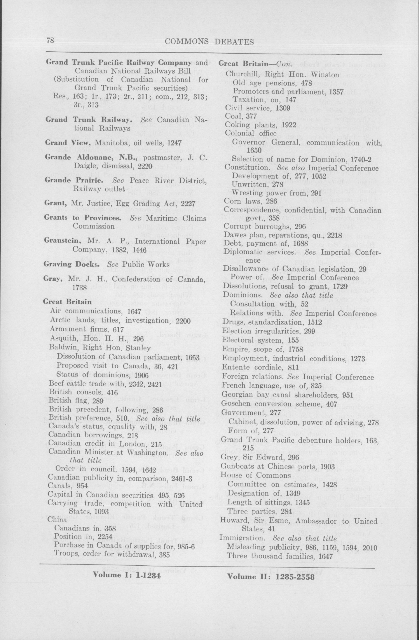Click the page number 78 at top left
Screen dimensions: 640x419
coord(51,41)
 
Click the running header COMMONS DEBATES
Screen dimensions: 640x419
coord(209,42)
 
